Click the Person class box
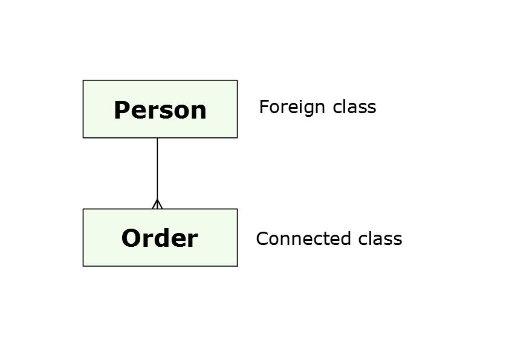tap(160, 109)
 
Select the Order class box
tap(160, 238)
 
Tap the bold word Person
tap(160, 110)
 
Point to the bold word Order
tap(160, 238)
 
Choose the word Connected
tap(303, 239)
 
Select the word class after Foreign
tap(354, 107)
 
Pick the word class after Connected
tap(380, 239)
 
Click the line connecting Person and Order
tap(157, 173)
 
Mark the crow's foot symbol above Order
tap(157, 204)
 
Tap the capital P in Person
tap(122, 110)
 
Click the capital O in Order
tap(131, 238)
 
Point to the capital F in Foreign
tap(264, 107)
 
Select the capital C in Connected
tap(262, 239)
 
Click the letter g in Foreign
tap(306, 110)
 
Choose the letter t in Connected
tap(326, 240)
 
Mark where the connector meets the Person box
tap(157, 138)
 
